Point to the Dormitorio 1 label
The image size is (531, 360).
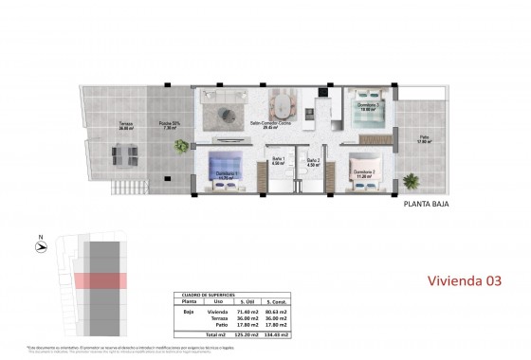pos(222,172)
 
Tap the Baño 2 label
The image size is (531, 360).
pos(313,161)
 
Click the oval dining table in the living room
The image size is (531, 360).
pos(284,102)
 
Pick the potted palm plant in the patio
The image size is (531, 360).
pos(411,179)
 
